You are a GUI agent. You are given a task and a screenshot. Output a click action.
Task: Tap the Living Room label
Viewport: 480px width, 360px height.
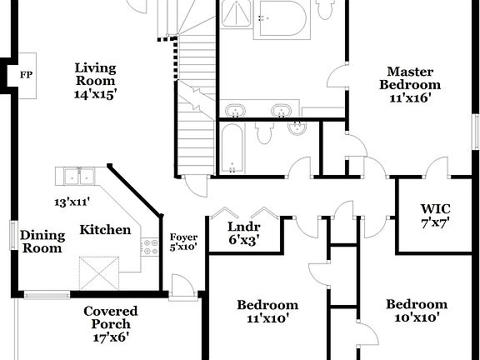(x=95, y=74)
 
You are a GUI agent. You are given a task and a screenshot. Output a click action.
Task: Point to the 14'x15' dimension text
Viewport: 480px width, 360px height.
(x=95, y=94)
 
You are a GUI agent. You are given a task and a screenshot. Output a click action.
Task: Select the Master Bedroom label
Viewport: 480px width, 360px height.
(x=409, y=77)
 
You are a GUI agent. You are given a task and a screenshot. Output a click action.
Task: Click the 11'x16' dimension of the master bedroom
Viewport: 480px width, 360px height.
(x=409, y=97)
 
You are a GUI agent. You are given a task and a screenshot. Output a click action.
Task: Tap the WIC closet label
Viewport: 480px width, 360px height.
(x=435, y=209)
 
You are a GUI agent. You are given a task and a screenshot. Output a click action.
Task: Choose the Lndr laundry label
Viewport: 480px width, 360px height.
(x=244, y=227)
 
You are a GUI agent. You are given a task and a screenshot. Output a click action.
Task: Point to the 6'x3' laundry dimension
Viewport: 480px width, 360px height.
(x=244, y=240)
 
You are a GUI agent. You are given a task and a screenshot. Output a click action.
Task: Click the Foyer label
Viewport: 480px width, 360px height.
(x=183, y=237)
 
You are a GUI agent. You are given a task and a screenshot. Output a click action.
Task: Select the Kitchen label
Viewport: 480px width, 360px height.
(x=105, y=229)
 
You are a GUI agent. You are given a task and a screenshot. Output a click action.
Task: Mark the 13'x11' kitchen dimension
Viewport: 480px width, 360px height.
(x=72, y=202)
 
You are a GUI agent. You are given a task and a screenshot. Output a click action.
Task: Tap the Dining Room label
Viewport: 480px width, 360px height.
(x=42, y=242)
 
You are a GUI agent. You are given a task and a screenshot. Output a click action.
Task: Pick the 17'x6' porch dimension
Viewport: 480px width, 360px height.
(x=110, y=337)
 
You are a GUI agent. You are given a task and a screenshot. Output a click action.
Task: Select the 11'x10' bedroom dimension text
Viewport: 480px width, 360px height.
(x=267, y=318)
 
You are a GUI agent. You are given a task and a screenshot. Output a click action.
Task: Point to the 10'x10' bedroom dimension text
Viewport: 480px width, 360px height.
(x=416, y=317)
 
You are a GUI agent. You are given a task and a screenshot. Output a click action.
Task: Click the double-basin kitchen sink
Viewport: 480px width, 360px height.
(x=77, y=176)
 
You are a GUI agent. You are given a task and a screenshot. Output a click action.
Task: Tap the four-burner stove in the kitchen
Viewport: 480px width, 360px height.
(x=151, y=247)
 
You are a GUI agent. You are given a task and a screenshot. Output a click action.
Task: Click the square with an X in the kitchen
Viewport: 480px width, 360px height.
(x=100, y=272)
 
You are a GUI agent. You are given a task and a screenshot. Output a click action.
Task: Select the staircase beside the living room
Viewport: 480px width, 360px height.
(x=197, y=100)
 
